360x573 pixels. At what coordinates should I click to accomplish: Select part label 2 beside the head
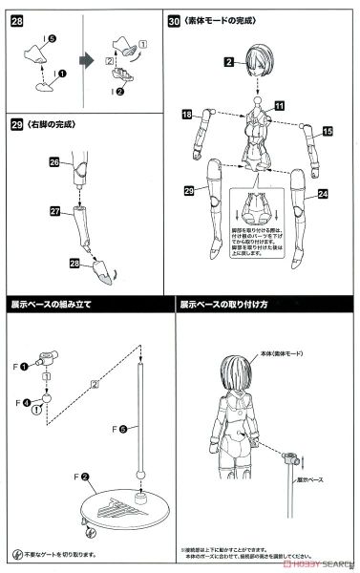pos(229,63)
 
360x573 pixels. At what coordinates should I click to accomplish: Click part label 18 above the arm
pos(187,114)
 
